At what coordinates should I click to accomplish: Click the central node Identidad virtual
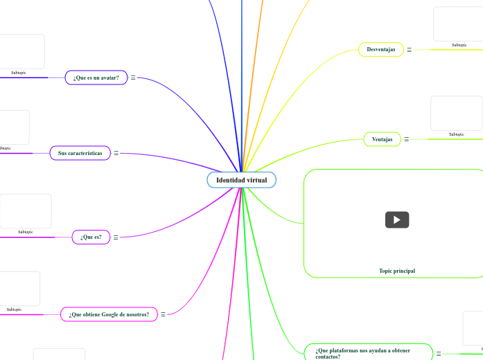click(241, 180)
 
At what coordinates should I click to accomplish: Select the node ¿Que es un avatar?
click(96, 78)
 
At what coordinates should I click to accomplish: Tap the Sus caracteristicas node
click(80, 152)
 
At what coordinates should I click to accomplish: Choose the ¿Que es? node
click(91, 237)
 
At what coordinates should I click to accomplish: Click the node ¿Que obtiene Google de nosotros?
click(108, 314)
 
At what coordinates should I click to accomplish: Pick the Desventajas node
click(381, 49)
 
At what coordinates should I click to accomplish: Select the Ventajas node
click(382, 139)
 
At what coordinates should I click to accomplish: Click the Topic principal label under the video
click(397, 271)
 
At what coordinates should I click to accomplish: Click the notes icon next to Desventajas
click(410, 50)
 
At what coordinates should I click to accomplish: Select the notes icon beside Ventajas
click(407, 140)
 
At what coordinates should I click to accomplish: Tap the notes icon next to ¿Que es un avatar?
click(133, 78)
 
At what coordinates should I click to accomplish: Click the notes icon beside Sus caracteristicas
click(116, 153)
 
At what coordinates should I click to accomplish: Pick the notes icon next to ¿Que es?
click(116, 237)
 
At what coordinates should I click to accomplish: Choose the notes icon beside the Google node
click(163, 314)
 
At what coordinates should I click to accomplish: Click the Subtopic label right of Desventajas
click(459, 45)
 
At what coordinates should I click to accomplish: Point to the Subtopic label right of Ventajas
click(456, 134)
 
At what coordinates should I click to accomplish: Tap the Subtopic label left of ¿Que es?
click(26, 232)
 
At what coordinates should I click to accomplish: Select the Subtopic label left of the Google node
click(14, 309)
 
